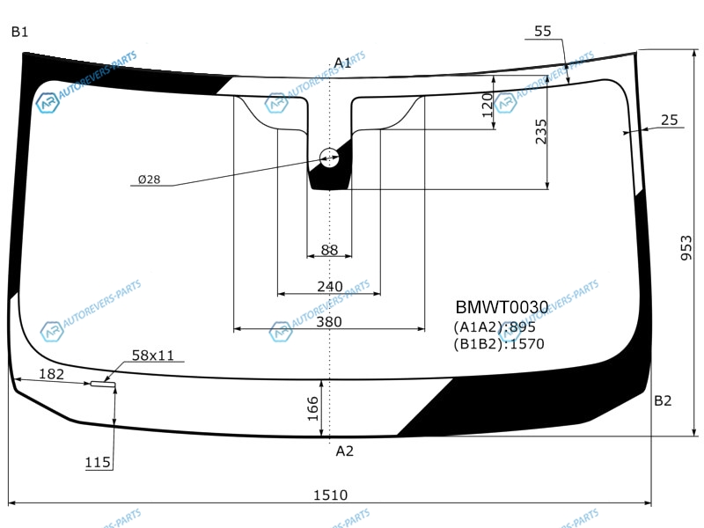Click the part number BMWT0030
coord(502,307)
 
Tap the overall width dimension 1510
coord(330,495)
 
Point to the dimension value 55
coord(543,31)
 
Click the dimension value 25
coord(669,121)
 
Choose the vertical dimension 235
coord(541,131)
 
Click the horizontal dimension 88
coord(329,250)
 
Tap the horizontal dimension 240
coord(329,287)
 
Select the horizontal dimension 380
coord(329,322)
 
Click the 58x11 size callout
coord(153,356)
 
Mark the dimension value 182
coord(52,374)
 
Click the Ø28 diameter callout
coord(149,180)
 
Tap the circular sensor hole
coord(329,158)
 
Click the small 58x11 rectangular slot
coord(102,384)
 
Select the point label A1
coord(342,62)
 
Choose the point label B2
coord(663,401)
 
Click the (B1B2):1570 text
coord(499,344)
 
